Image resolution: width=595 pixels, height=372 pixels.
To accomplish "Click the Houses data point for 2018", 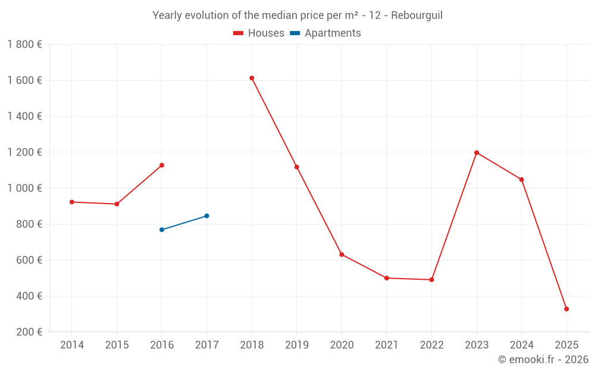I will tap(252, 78).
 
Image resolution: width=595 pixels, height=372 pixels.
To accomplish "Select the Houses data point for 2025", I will tap(566, 309).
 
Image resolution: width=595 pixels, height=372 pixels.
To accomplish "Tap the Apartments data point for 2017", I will tap(206, 215).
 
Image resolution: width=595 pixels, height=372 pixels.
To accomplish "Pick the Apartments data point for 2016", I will tap(162, 230).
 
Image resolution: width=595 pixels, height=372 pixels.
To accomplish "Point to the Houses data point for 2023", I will tap(477, 152).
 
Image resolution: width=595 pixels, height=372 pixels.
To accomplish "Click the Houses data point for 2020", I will tap(342, 254).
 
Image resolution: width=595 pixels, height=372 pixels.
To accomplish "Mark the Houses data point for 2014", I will tap(72, 202).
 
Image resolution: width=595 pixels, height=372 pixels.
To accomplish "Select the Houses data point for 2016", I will tap(162, 165).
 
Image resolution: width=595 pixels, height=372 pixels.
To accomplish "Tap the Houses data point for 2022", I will tap(431, 280).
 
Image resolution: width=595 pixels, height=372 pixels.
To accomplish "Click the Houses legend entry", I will tap(259, 33).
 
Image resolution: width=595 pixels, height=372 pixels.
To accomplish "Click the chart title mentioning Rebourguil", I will tap(297, 15).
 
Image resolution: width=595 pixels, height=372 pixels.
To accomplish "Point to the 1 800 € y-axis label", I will tap(24, 45).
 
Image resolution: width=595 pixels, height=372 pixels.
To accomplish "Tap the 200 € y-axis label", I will tap(29, 332).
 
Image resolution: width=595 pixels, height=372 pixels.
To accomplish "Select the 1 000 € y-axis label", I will tap(24, 188).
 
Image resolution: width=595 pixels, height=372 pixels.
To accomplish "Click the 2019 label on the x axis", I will tap(296, 345).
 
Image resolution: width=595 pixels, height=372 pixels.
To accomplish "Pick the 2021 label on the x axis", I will tap(387, 345).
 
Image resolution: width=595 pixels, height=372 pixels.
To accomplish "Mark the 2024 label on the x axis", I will tap(521, 345).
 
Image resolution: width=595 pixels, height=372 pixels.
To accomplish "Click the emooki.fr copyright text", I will tap(543, 360).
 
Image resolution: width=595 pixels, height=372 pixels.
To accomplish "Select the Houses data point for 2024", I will tap(521, 179).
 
